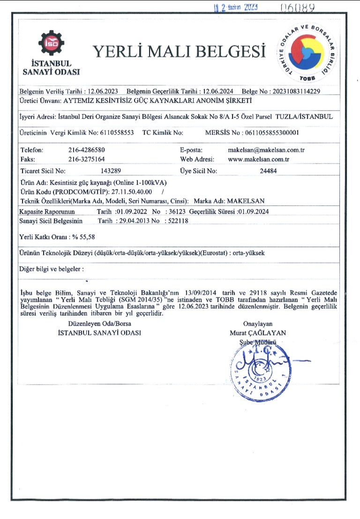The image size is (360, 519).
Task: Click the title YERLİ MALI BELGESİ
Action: tap(180, 51)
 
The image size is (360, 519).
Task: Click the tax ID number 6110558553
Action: tap(117, 133)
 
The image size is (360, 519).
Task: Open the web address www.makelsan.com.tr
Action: tap(258, 160)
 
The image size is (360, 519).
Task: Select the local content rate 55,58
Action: tap(87, 237)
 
